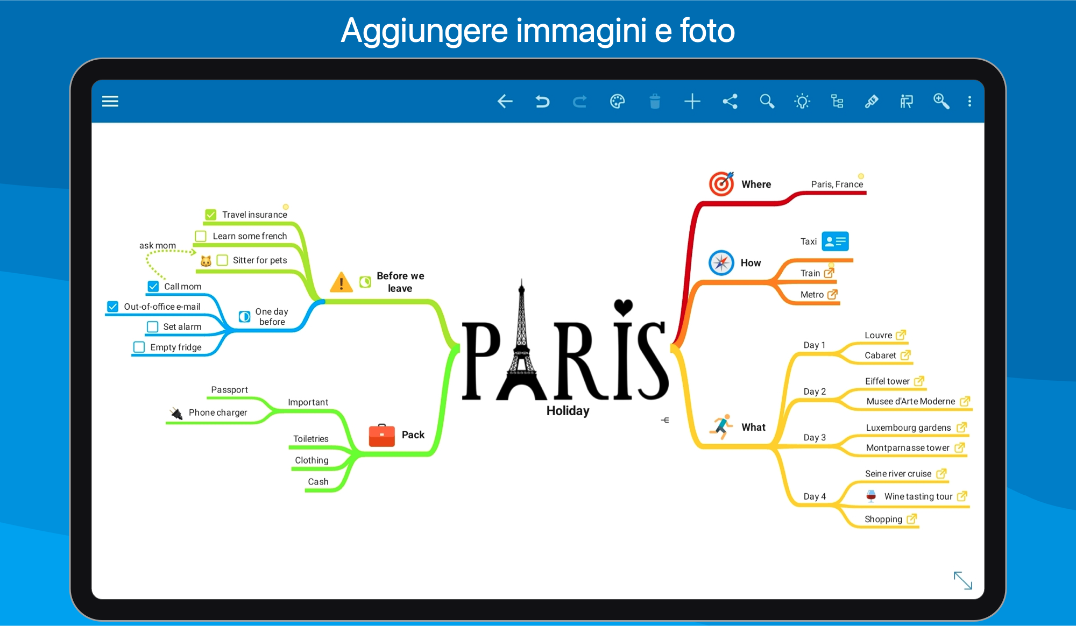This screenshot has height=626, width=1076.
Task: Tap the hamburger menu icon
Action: point(110,101)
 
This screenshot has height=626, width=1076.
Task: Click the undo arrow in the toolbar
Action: point(542,101)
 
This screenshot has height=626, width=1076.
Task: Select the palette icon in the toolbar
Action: point(617,101)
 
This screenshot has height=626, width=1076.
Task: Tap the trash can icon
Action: point(655,101)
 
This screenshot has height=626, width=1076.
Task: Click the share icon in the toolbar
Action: point(730,101)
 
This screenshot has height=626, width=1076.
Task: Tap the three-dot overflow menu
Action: point(969,101)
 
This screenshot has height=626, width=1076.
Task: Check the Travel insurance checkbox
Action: point(211,215)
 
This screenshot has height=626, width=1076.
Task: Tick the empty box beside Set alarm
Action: point(153,326)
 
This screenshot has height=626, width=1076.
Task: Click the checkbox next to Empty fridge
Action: point(139,347)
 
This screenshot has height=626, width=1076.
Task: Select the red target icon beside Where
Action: point(721,184)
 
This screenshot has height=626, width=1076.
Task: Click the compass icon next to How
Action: point(721,263)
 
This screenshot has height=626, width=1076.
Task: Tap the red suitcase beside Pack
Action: point(382,435)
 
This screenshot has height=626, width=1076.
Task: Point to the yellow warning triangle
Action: point(341,282)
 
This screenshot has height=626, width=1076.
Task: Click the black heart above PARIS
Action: point(623,307)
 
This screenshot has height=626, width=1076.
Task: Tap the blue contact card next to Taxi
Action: point(835,241)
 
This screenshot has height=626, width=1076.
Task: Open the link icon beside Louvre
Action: point(901,335)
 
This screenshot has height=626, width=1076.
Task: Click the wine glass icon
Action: point(871,496)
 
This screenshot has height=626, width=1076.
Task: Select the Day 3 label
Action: point(815,438)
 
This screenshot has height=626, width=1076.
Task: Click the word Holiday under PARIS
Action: point(568,411)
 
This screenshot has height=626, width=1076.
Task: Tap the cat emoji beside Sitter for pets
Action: point(206,261)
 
